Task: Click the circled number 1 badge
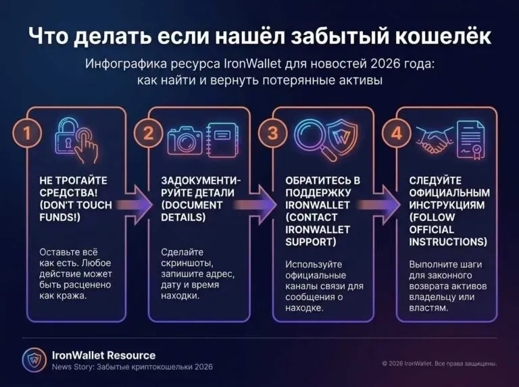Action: [x=27, y=133]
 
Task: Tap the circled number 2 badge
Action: [x=149, y=133]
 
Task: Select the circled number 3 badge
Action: [x=273, y=133]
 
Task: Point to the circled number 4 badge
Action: [x=397, y=133]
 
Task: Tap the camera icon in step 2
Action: [x=184, y=140]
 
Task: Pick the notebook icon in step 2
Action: [x=222, y=140]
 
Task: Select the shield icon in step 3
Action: [x=343, y=136]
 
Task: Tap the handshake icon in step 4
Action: [x=434, y=140]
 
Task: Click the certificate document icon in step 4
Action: [x=471, y=140]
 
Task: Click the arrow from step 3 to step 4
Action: [x=380, y=205]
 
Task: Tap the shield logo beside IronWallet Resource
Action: [x=34, y=360]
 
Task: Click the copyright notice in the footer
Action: [x=439, y=363]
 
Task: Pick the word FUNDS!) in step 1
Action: [x=60, y=217]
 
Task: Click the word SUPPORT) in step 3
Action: [x=310, y=242]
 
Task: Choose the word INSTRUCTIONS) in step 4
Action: [x=448, y=242]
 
